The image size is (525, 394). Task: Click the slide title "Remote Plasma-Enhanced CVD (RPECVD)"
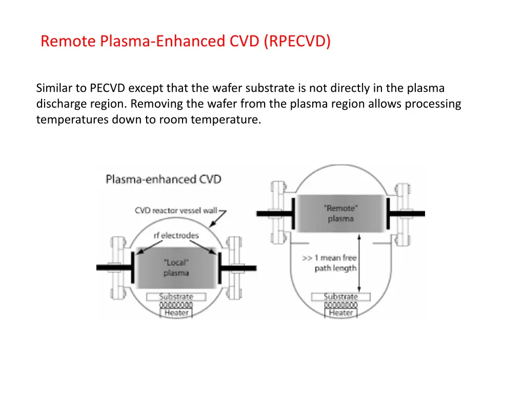(x=186, y=41)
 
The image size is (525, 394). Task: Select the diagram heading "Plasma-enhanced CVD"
(x=164, y=179)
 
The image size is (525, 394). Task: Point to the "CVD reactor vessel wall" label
(x=176, y=210)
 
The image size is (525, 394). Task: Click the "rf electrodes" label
(x=176, y=235)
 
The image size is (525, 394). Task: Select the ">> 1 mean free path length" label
(x=335, y=263)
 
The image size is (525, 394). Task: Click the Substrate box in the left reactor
(x=176, y=297)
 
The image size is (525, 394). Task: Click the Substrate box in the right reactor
(x=341, y=297)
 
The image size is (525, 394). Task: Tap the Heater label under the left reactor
(x=176, y=312)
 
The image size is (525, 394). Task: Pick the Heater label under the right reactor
(x=341, y=312)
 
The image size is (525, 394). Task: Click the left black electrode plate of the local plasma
(x=133, y=267)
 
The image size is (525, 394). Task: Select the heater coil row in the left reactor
(x=176, y=305)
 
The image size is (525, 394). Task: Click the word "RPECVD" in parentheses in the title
(x=298, y=41)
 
